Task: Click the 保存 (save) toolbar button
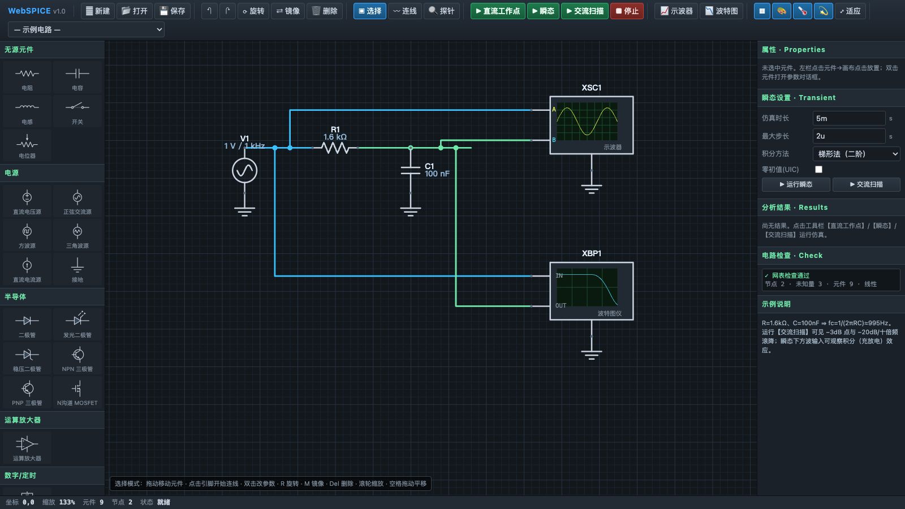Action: (x=173, y=11)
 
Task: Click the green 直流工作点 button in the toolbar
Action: (x=498, y=11)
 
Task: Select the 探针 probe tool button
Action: (x=442, y=11)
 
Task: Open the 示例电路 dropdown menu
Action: (x=86, y=29)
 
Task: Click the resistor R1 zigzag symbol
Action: (x=336, y=148)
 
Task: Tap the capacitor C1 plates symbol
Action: (x=411, y=170)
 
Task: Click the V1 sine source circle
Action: (x=244, y=170)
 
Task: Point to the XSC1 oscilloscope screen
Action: (x=587, y=121)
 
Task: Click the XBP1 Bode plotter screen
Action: (x=587, y=287)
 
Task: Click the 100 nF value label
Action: (x=437, y=174)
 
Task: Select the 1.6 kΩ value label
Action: (x=335, y=137)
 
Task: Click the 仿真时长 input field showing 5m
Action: (x=849, y=118)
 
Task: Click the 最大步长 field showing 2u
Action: (x=849, y=136)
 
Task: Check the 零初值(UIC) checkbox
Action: (x=818, y=169)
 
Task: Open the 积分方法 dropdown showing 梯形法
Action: (x=856, y=154)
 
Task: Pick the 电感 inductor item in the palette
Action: (x=27, y=111)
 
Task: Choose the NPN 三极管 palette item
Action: (x=77, y=359)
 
